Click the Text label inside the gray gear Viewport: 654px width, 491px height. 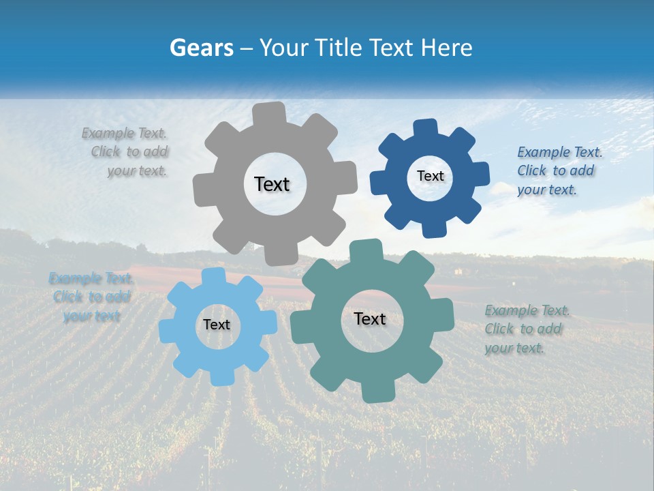272,184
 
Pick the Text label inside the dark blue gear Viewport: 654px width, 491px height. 430,176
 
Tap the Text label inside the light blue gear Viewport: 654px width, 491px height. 217,325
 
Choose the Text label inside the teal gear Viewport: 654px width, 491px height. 370,318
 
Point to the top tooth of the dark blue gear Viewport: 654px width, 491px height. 426,128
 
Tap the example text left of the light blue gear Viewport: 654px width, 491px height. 91,297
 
